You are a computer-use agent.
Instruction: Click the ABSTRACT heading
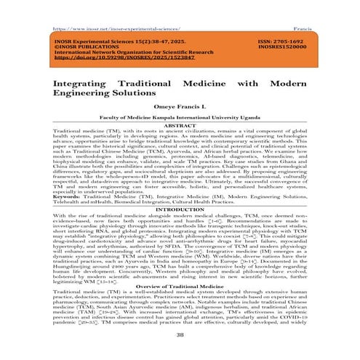[180, 126]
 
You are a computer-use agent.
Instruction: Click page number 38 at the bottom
[180, 336]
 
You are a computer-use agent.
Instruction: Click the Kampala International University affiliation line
[180, 117]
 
